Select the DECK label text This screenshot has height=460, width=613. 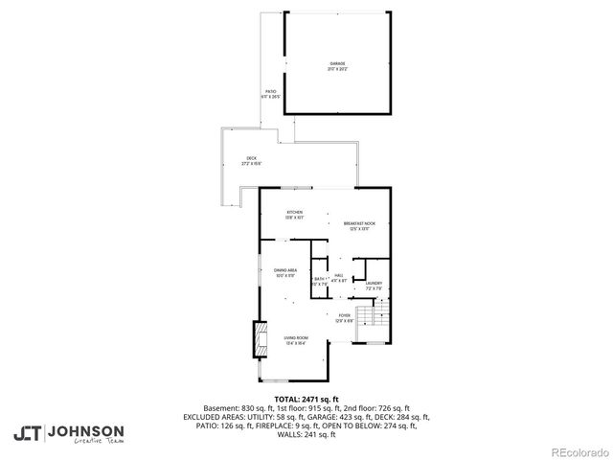251,158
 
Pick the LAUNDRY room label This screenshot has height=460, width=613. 374,283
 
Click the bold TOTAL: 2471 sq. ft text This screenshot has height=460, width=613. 306,399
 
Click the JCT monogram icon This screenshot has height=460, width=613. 28,433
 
